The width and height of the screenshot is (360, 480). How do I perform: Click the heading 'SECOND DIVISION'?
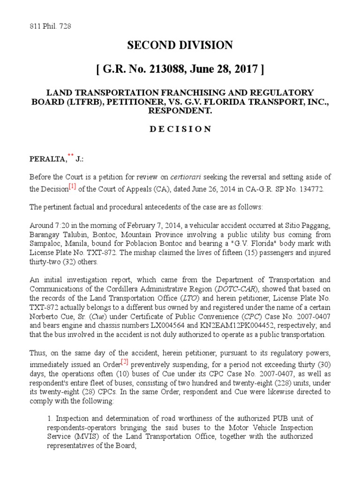pyautogui.click(x=180, y=45)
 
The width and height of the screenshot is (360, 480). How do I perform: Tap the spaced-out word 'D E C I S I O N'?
pyautogui.click(x=180, y=129)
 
